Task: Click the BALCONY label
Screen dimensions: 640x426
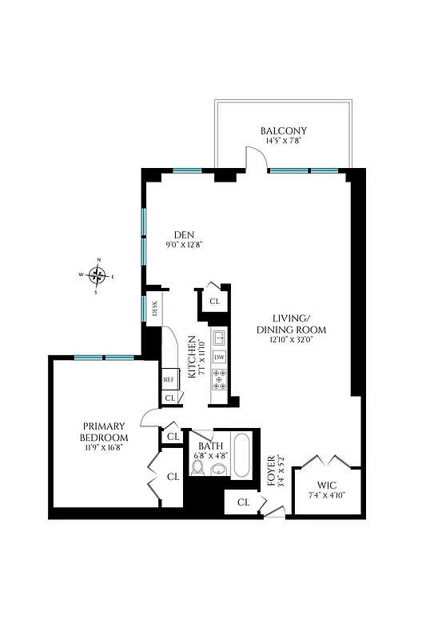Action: (284, 130)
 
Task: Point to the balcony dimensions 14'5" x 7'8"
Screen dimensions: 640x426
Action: (284, 142)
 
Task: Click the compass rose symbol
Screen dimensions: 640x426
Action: (98, 276)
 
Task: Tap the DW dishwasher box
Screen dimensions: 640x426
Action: (219, 357)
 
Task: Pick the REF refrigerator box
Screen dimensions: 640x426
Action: (169, 379)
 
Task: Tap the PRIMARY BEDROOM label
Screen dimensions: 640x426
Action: (104, 432)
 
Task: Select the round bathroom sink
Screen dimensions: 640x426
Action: (217, 472)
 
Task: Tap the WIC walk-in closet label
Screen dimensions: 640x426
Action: (328, 485)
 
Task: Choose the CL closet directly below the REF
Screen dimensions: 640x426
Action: (169, 398)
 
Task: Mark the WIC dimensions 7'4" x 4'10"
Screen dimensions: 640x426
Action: (328, 496)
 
